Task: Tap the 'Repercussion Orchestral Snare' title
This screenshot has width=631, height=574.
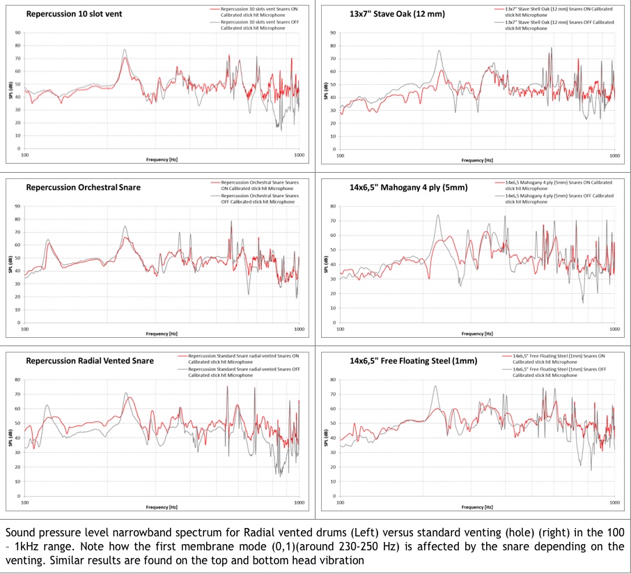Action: tap(84, 187)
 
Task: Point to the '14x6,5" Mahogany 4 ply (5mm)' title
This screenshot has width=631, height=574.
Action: tap(408, 187)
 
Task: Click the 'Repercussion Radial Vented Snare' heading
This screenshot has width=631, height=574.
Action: tap(90, 361)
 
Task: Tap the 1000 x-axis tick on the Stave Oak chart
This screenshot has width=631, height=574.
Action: tap(615, 155)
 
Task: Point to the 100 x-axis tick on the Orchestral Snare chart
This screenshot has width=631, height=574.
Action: tap(25, 328)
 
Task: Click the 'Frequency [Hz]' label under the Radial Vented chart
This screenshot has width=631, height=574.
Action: tap(162, 506)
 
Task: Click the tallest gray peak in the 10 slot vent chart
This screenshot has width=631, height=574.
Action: tap(125, 50)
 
